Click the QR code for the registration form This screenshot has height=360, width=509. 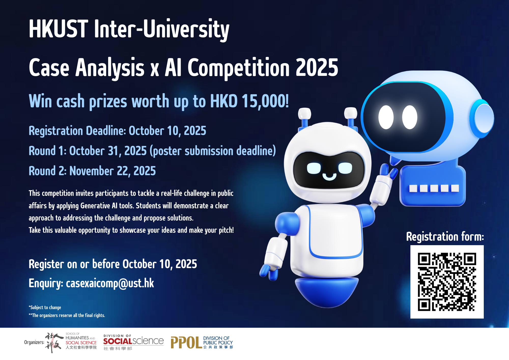447,282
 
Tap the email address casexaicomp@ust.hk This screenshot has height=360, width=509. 110,283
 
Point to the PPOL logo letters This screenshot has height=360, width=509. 186,342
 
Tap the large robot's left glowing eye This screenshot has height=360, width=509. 386,117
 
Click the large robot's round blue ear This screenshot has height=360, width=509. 482,118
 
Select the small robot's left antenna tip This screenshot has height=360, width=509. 305,113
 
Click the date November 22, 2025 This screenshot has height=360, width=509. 112,171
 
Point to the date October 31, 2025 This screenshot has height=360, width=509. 108,151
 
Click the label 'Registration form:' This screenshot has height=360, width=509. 445,237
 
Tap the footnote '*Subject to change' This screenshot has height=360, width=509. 45,307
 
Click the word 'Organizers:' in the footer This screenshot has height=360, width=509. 34,342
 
